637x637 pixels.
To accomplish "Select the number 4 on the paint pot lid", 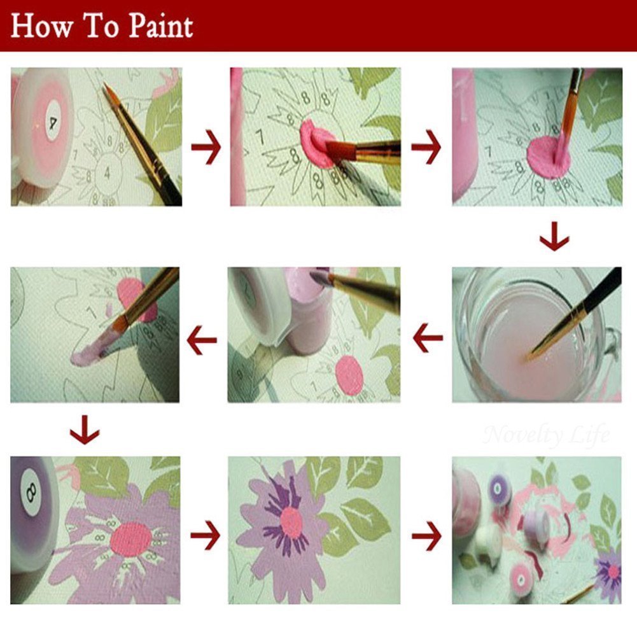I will [x=50, y=120].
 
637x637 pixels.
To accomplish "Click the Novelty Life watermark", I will [x=546, y=435].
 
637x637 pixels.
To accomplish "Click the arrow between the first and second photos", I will [x=206, y=146].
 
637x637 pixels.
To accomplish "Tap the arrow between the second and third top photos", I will [x=426, y=146].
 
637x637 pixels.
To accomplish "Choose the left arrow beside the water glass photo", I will [x=427, y=337].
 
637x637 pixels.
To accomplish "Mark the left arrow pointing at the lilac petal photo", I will [x=202, y=337].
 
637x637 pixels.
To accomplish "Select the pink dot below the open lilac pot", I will [x=349, y=375].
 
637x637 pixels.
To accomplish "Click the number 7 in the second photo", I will [x=259, y=136].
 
